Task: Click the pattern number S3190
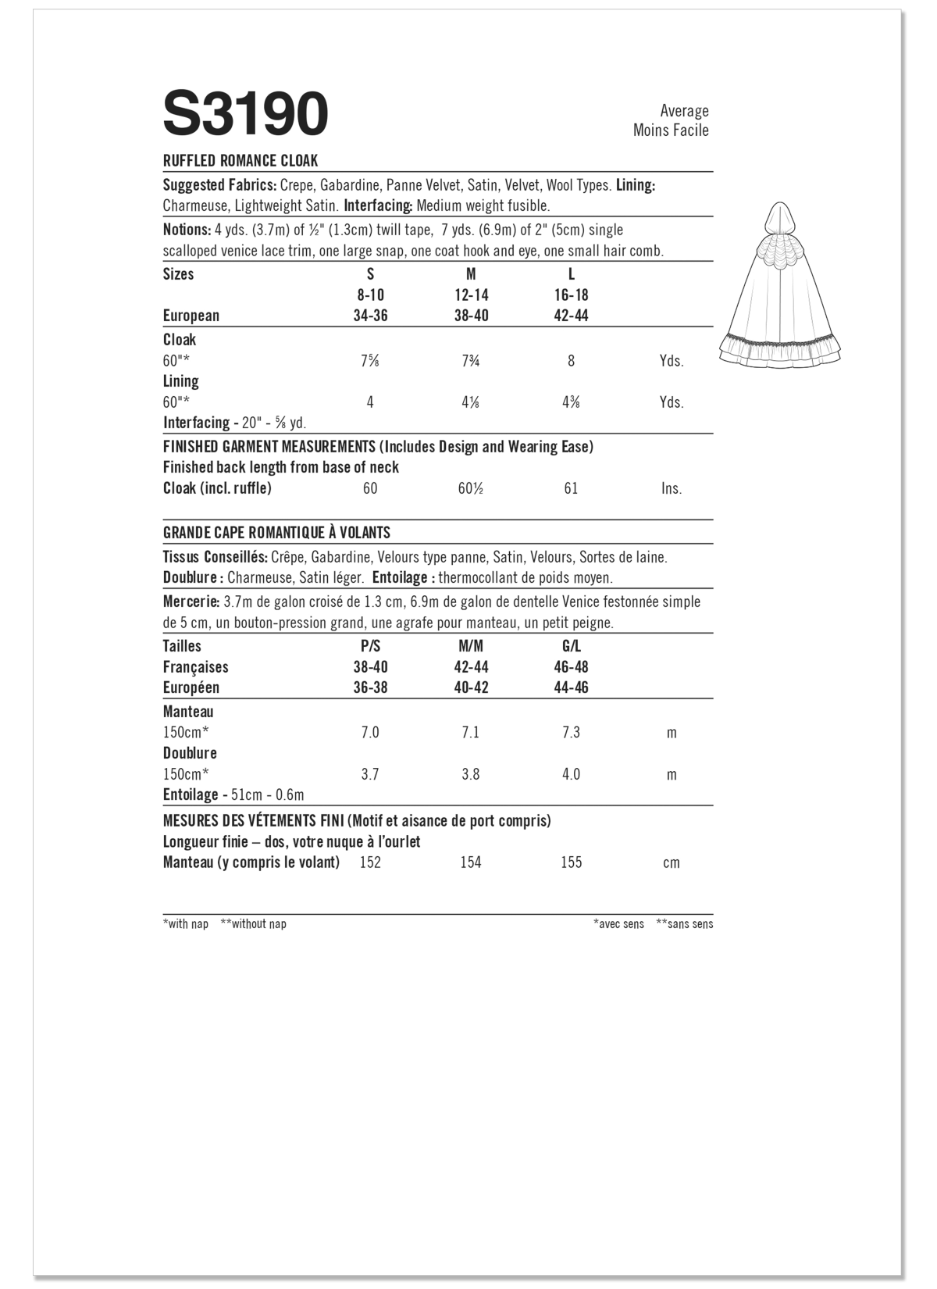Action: click(245, 115)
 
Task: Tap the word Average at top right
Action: click(684, 111)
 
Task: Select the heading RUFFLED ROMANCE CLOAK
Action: click(240, 161)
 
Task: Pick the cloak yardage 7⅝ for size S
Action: click(370, 361)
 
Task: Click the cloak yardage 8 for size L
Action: click(571, 361)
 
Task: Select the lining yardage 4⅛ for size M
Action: click(471, 402)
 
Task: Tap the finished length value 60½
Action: click(471, 488)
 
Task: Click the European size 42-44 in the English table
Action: click(571, 316)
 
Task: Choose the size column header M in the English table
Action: click(471, 274)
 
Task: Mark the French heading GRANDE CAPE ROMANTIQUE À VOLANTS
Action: click(276, 533)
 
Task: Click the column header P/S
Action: click(370, 646)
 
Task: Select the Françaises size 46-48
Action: click(571, 667)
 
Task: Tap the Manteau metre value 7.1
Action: click(471, 733)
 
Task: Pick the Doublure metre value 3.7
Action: click(370, 774)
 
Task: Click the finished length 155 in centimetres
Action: click(571, 862)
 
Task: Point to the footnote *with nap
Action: click(186, 924)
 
